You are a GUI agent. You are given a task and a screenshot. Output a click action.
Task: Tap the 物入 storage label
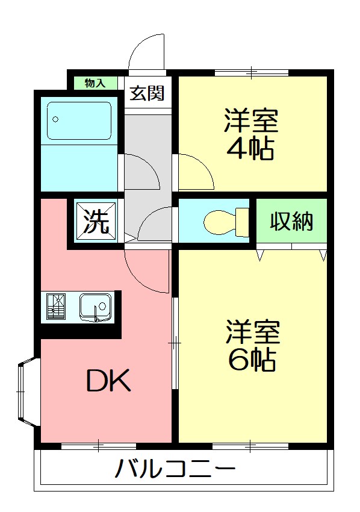pos(95,83)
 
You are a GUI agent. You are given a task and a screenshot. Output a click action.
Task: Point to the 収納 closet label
pos(291,222)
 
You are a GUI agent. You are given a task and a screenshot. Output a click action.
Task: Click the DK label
pos(108,381)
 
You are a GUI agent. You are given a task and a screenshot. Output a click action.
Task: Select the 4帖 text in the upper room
pos(250,148)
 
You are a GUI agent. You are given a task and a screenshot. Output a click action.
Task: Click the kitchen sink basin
pos(96,307)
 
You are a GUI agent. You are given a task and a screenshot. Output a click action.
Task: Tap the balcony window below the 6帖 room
pos(250,446)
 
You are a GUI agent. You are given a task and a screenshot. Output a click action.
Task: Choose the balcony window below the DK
pos(99,446)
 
